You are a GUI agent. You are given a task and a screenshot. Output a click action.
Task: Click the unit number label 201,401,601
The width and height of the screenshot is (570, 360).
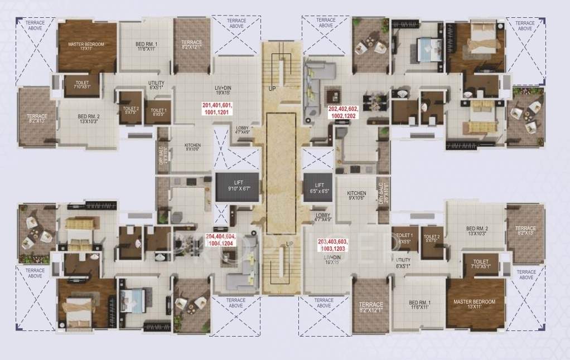tap(218, 108)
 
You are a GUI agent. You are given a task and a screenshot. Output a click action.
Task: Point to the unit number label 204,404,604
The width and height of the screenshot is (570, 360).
tap(221, 240)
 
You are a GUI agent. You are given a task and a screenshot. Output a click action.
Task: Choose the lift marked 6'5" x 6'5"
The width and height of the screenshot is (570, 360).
tap(319, 188)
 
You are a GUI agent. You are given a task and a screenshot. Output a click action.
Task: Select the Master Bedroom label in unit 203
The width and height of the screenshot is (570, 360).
tap(474, 304)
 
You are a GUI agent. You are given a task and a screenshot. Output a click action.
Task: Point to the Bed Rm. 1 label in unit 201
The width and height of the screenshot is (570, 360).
tap(146, 47)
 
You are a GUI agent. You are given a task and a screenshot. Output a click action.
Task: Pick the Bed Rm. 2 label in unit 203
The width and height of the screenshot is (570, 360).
tap(477, 231)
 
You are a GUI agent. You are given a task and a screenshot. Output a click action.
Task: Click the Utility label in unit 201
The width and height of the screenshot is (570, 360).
tap(156, 85)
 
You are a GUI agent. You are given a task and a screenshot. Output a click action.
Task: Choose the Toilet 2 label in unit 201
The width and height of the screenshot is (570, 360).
tap(131, 110)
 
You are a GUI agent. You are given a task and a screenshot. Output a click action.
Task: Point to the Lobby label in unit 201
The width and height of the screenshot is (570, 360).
tap(243, 130)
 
